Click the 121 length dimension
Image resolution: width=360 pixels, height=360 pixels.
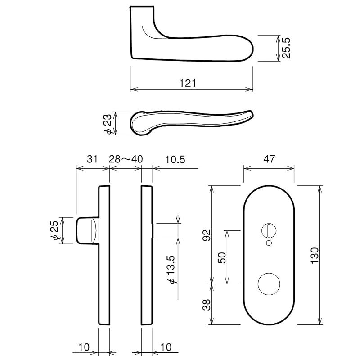(x=188, y=83)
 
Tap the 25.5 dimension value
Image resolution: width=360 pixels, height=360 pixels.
(x=286, y=48)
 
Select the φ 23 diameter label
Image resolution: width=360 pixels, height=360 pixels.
(x=108, y=124)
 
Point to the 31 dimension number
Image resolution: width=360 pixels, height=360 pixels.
(x=92, y=159)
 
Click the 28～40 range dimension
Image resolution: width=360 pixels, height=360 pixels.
(x=126, y=159)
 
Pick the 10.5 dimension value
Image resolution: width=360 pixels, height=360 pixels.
(x=175, y=159)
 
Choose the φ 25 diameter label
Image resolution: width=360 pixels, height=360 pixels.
(x=54, y=230)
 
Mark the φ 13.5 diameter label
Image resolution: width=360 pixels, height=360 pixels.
(x=172, y=269)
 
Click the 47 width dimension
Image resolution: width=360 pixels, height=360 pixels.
(x=269, y=159)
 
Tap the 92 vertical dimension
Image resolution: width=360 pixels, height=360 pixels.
(x=207, y=235)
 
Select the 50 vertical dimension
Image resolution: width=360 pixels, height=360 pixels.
(x=222, y=257)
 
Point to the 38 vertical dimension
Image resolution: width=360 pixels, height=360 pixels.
(x=207, y=305)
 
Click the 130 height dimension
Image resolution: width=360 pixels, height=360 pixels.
(x=315, y=256)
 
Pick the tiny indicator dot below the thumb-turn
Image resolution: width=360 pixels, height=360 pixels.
(x=269, y=243)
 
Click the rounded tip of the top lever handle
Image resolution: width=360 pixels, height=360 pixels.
(x=253, y=49)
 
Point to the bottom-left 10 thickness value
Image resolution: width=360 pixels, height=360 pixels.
(x=84, y=347)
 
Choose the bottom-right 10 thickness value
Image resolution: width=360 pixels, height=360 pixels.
(x=166, y=347)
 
